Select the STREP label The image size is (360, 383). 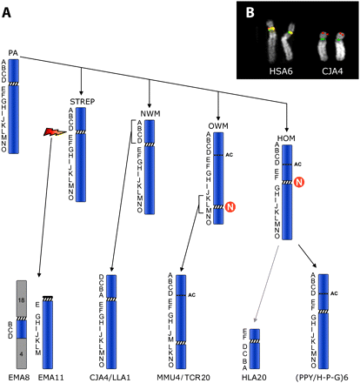(x=81, y=101)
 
